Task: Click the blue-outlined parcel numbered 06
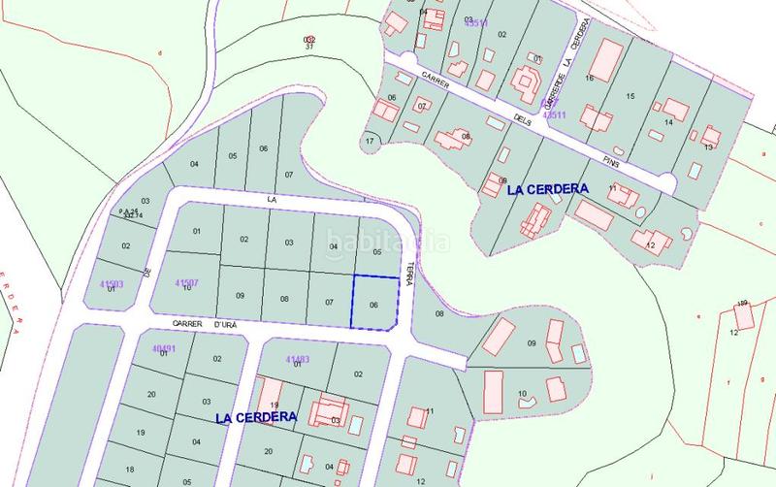pos(374,303)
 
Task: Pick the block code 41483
pos(298,359)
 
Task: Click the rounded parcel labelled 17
pos(370,142)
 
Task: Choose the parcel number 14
pos(668,122)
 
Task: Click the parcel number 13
pos(708,146)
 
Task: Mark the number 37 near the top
pos(308,46)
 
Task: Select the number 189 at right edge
pos(743,303)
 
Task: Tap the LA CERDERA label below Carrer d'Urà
pos(255,417)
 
